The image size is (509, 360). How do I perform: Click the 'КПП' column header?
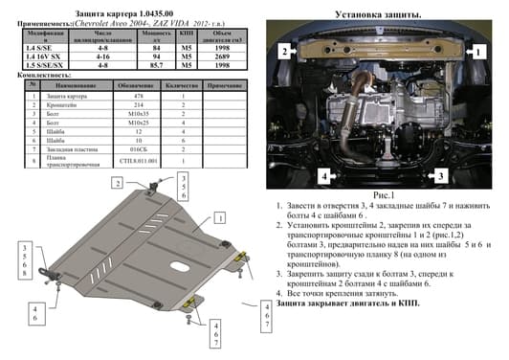point(186,35)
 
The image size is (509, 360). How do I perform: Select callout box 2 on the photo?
point(283,50)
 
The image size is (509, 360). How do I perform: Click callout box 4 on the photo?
point(324,176)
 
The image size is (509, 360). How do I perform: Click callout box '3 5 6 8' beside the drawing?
point(22,259)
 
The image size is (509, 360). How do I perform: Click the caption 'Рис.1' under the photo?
point(381,195)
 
